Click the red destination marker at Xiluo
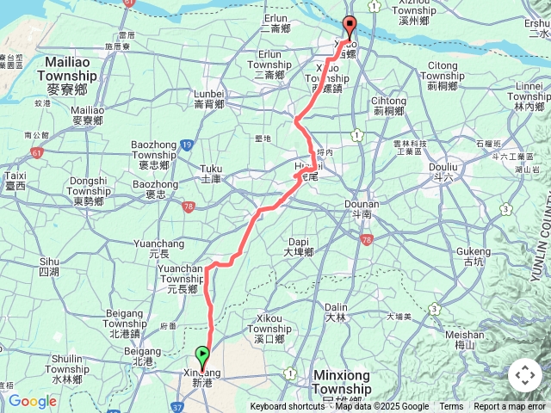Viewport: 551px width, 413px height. tap(349, 26)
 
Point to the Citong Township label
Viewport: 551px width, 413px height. tap(443, 70)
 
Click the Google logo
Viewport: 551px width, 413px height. tap(32, 401)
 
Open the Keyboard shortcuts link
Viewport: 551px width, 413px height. tap(288, 407)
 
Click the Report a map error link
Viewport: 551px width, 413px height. tap(510, 407)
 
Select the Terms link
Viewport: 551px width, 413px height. tap(451, 407)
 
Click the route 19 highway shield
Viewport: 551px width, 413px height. tap(188, 145)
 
